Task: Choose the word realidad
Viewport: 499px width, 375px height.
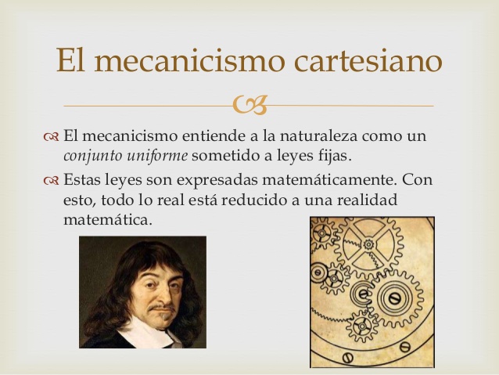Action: [x=366, y=200]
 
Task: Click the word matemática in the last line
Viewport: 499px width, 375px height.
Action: [x=106, y=220]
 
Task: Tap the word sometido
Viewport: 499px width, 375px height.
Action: [x=226, y=156]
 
